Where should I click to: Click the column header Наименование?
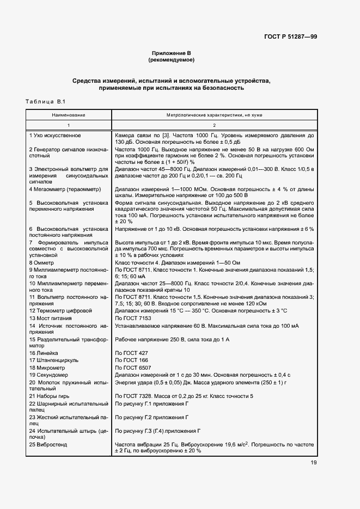(x=69, y=115)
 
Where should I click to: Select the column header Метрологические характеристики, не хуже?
(x=213, y=115)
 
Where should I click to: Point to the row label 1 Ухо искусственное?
(x=55, y=135)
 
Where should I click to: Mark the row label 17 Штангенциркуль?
(x=54, y=360)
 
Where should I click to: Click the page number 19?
(x=314, y=463)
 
